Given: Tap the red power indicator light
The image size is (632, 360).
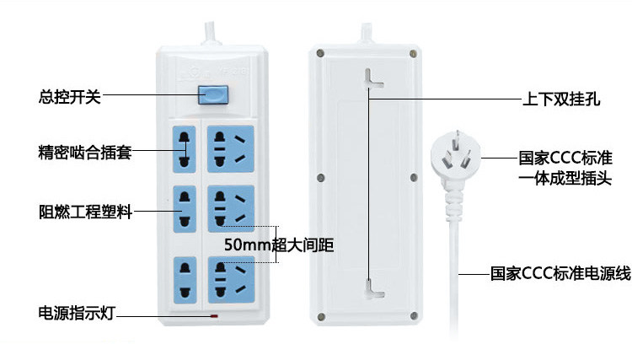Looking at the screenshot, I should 214,317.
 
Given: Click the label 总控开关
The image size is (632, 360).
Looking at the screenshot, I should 70,96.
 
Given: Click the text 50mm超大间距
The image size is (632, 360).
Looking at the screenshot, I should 280,245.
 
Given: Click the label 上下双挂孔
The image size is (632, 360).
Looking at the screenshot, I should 560,99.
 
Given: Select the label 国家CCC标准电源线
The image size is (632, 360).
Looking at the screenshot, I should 560,273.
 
